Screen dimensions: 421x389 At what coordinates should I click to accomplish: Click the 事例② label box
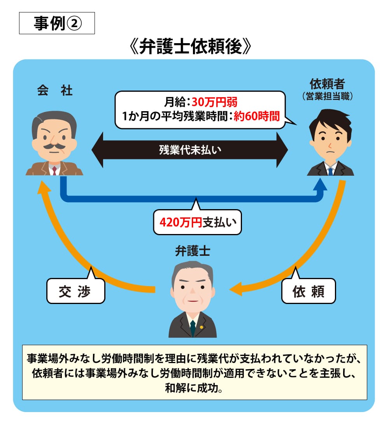(57, 24)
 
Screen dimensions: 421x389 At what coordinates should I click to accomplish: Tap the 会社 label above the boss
(55, 91)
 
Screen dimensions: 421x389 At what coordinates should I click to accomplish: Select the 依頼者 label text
(327, 84)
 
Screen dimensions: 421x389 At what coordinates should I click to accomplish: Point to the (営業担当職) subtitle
(327, 96)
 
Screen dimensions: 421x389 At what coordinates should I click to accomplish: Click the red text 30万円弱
(214, 103)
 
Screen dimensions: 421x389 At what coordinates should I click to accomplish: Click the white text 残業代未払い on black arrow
(190, 150)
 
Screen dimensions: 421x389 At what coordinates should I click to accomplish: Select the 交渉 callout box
(75, 291)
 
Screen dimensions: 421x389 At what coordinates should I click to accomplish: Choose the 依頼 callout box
(308, 291)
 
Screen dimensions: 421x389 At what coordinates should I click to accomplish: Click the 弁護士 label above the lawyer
(193, 252)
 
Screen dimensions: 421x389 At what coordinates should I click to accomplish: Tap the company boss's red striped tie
(54, 170)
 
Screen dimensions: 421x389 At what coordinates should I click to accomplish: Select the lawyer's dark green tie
(193, 328)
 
